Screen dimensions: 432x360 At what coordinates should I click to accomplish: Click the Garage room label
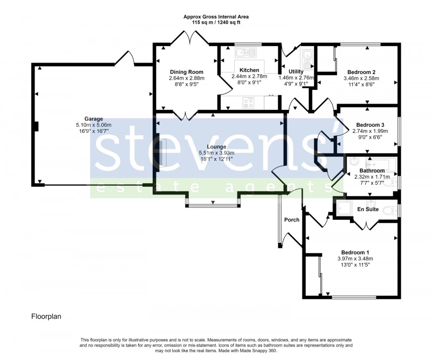94,119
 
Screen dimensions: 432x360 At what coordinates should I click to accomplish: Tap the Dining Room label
187,72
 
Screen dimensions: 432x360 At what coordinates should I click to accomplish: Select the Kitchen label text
249,70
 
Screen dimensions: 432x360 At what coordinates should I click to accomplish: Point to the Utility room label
296,72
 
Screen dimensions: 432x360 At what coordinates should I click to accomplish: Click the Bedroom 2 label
361,72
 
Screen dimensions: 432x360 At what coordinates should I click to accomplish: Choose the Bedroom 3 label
370,125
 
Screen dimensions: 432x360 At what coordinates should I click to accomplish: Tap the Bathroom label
372,171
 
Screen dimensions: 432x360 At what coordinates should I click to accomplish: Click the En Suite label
368,209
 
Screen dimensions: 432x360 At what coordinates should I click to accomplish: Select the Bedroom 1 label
355,252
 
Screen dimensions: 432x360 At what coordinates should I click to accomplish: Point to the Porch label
292,220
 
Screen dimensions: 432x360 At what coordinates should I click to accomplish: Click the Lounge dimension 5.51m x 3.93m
216,153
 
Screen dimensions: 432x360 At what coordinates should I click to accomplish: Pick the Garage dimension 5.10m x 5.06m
94,125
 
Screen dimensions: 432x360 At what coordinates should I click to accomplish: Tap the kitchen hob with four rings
248,103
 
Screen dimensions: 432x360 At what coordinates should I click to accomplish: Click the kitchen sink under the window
246,52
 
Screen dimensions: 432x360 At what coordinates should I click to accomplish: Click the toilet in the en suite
390,211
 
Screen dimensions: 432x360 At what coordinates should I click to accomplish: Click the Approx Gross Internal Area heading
216,17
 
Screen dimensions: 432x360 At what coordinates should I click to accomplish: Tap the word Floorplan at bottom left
46,316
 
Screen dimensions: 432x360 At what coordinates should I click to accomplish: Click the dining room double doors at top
190,38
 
